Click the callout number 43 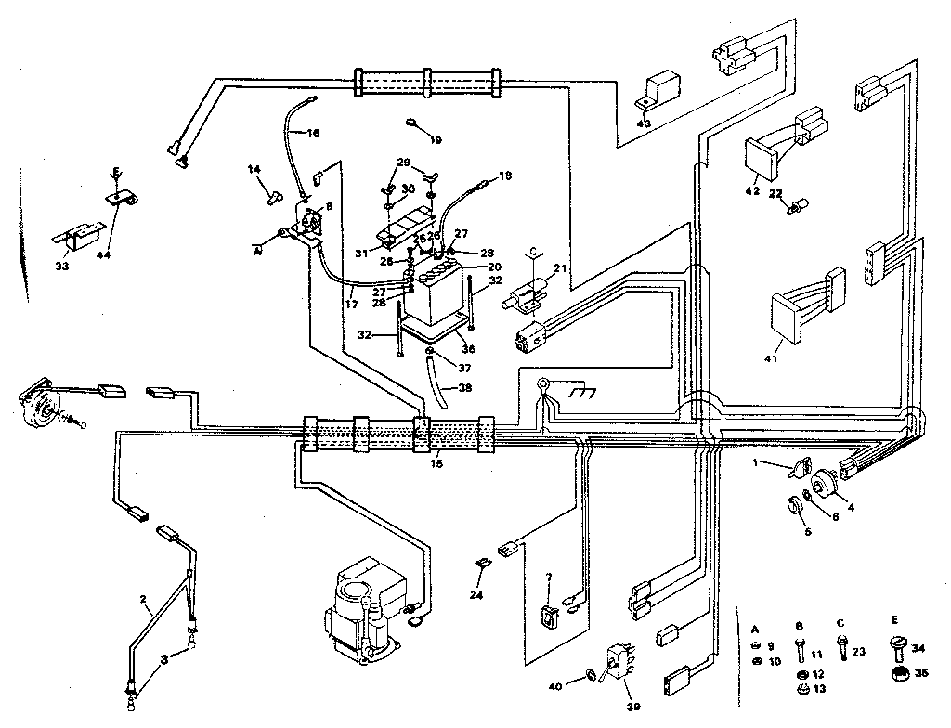tap(644, 123)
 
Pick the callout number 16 tap(312, 133)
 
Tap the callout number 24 tap(477, 594)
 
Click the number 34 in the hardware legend tap(919, 649)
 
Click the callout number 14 tap(254, 169)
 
